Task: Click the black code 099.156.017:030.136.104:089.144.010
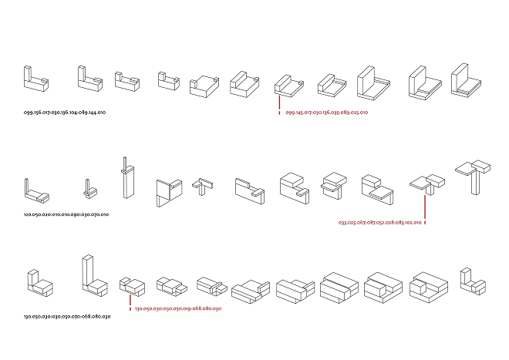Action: (65, 113)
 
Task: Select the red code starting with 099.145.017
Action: (327, 113)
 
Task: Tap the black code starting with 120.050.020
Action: (66, 214)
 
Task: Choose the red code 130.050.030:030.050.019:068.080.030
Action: (178, 308)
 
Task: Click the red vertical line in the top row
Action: (278, 103)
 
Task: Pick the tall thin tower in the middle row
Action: (123, 179)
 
